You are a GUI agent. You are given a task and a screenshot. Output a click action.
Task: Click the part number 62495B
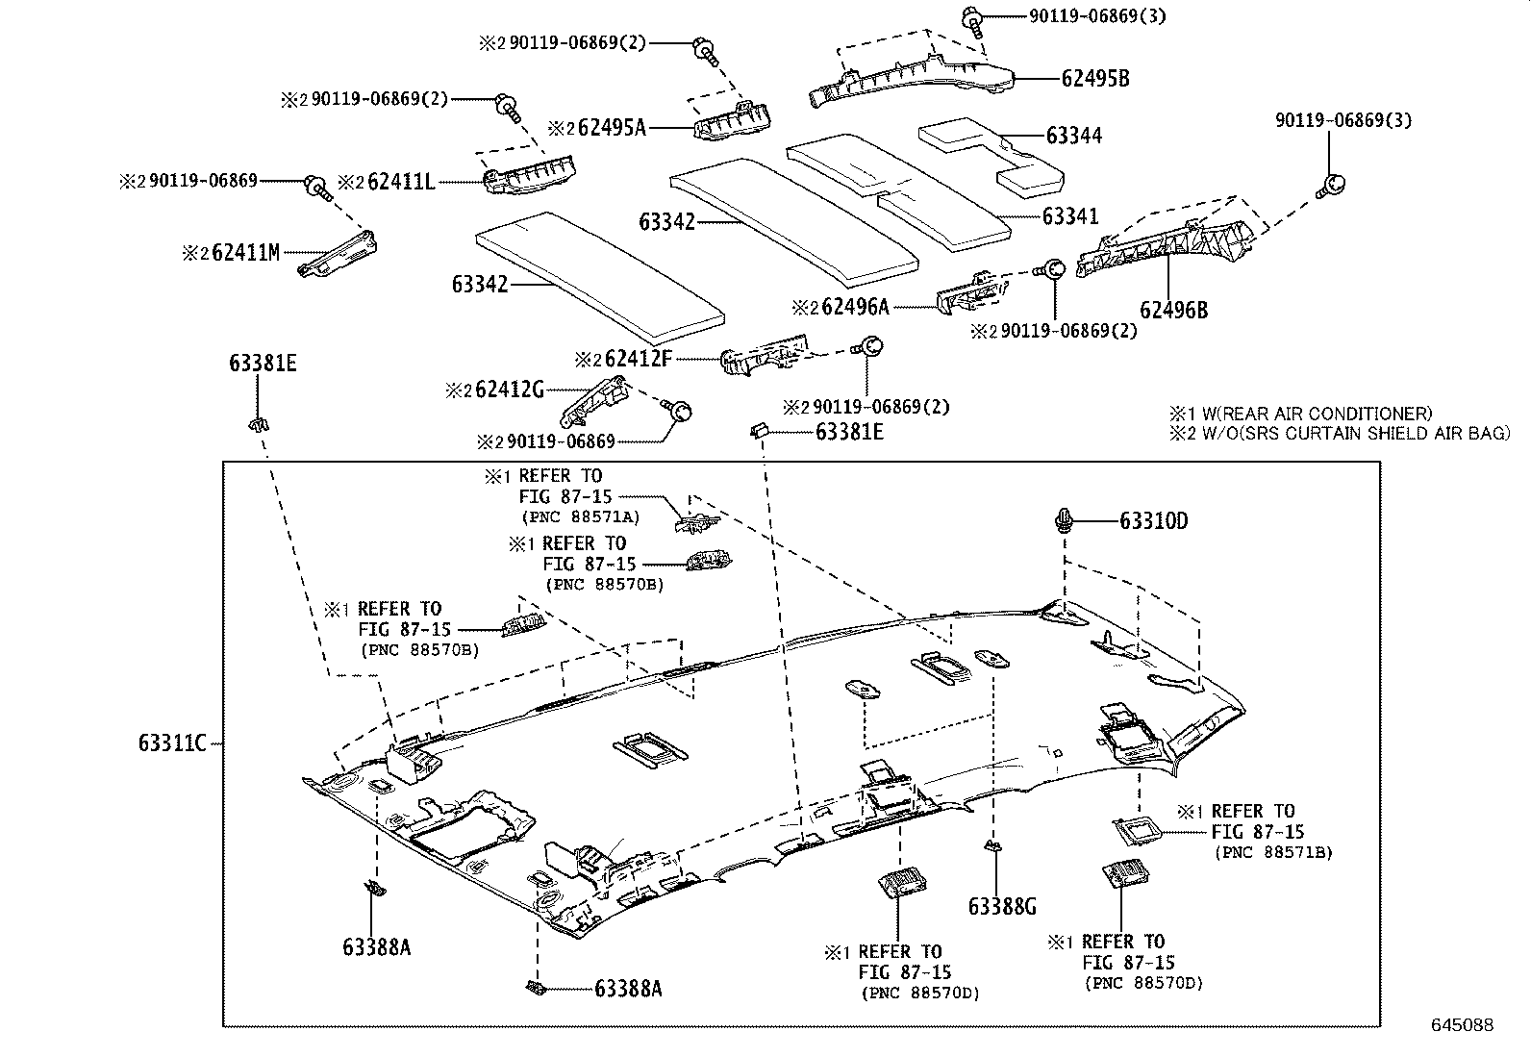click(x=1095, y=79)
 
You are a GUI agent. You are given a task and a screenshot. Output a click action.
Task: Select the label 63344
click(x=1073, y=136)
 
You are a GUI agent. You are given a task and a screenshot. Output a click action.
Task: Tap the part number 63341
click(x=1069, y=217)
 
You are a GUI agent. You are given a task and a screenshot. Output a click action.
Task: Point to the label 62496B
click(x=1173, y=310)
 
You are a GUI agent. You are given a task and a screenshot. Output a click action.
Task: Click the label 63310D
click(x=1153, y=521)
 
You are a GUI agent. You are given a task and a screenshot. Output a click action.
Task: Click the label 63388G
click(x=1002, y=906)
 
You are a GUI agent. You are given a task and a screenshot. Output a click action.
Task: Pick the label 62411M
click(x=245, y=253)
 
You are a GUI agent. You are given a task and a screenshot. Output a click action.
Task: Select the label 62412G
click(x=510, y=390)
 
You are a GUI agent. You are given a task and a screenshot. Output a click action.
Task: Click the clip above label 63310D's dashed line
click(x=1064, y=519)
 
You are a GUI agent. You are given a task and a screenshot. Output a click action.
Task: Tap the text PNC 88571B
click(x=1273, y=852)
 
